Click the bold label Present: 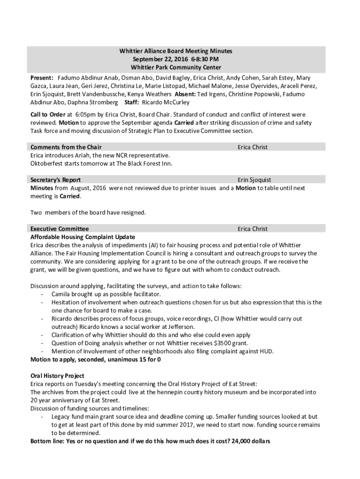click(42, 78)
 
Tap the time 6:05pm click(85, 115)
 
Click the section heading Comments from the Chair click(66, 147)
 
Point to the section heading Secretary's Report click(56, 180)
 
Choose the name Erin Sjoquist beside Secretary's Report click(254, 180)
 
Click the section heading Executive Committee click(59, 229)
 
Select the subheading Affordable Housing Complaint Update click(83, 237)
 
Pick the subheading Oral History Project click(58, 376)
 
